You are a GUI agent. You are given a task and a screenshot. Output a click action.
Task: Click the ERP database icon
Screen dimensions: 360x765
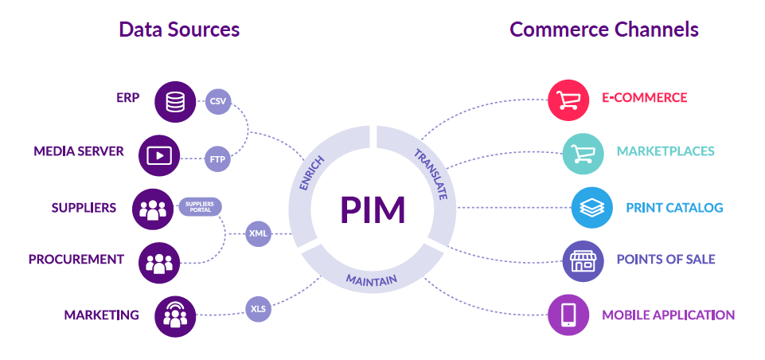(x=175, y=102)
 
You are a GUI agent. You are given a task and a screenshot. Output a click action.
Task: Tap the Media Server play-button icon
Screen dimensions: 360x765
(x=159, y=155)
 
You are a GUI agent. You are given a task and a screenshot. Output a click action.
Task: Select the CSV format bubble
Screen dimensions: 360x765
(x=218, y=101)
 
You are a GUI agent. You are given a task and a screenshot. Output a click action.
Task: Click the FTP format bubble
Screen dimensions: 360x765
(x=218, y=158)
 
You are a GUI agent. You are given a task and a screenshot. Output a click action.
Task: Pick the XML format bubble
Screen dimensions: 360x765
(x=258, y=233)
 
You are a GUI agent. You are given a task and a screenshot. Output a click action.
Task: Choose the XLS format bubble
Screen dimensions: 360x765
(x=258, y=308)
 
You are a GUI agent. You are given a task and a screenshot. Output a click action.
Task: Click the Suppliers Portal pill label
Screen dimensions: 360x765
(x=200, y=207)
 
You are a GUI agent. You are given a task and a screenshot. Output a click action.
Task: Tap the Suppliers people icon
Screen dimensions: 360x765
(x=153, y=209)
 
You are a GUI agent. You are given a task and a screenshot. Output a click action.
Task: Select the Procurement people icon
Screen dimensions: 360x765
(x=159, y=263)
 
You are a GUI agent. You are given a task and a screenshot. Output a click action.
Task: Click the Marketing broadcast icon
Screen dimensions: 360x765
(x=174, y=315)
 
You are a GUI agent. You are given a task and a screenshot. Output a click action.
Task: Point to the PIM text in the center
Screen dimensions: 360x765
(x=373, y=209)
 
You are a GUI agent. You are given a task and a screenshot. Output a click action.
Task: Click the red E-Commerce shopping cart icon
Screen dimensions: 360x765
(x=568, y=100)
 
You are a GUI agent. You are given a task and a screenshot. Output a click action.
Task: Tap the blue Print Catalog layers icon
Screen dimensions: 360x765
(x=592, y=208)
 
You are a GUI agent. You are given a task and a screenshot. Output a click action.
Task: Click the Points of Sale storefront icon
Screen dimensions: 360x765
(x=583, y=260)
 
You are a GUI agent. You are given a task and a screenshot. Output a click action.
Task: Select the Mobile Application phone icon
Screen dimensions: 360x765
(x=568, y=315)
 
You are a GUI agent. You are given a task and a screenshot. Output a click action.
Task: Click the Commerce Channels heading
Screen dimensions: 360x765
(x=603, y=30)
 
